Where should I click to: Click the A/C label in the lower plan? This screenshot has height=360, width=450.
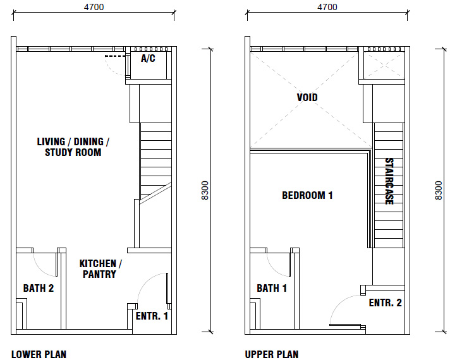tap(148, 59)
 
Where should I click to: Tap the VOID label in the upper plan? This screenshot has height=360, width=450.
tap(307, 97)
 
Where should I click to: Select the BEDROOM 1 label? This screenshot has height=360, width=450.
tap(307, 196)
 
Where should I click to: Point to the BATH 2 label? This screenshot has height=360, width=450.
tap(39, 288)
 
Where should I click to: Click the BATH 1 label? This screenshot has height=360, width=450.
tap(272, 288)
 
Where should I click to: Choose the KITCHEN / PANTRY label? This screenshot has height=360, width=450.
tap(100, 269)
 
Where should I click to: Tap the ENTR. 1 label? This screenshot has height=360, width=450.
tap(152, 316)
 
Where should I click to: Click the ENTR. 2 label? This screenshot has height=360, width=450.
tap(385, 303)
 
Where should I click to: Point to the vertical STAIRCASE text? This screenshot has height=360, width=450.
tap(389, 181)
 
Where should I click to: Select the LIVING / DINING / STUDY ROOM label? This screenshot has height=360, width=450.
tap(73, 147)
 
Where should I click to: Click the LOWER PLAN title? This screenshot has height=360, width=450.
tap(39, 354)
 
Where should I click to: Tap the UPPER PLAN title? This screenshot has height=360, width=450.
tap(272, 354)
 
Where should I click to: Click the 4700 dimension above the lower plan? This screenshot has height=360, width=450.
tap(94, 7)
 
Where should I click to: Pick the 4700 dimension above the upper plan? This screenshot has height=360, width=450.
tap(327, 7)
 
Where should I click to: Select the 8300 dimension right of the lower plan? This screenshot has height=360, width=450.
tap(205, 191)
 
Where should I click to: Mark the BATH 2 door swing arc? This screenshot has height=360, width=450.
tap(40, 270)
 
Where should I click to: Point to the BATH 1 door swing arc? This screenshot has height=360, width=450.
tap(274, 270)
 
